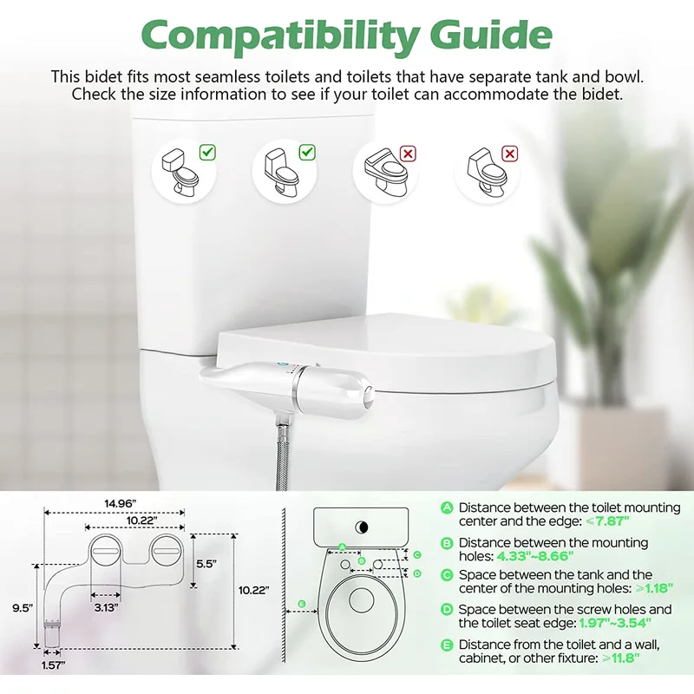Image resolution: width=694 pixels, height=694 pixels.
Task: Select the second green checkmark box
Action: [x=307, y=153]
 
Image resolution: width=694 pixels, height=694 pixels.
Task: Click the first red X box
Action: [x=408, y=154]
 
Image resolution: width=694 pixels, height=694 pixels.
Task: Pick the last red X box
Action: [x=510, y=154]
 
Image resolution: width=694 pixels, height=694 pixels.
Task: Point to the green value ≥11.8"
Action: [x=617, y=658]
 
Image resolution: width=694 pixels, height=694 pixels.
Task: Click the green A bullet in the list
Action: [x=447, y=507]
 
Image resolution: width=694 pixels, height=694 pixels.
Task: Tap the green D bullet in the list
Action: [x=447, y=610]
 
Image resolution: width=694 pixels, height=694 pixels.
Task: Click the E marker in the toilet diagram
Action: [x=301, y=603]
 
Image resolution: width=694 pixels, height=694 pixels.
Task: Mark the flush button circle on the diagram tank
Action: [x=362, y=527]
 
